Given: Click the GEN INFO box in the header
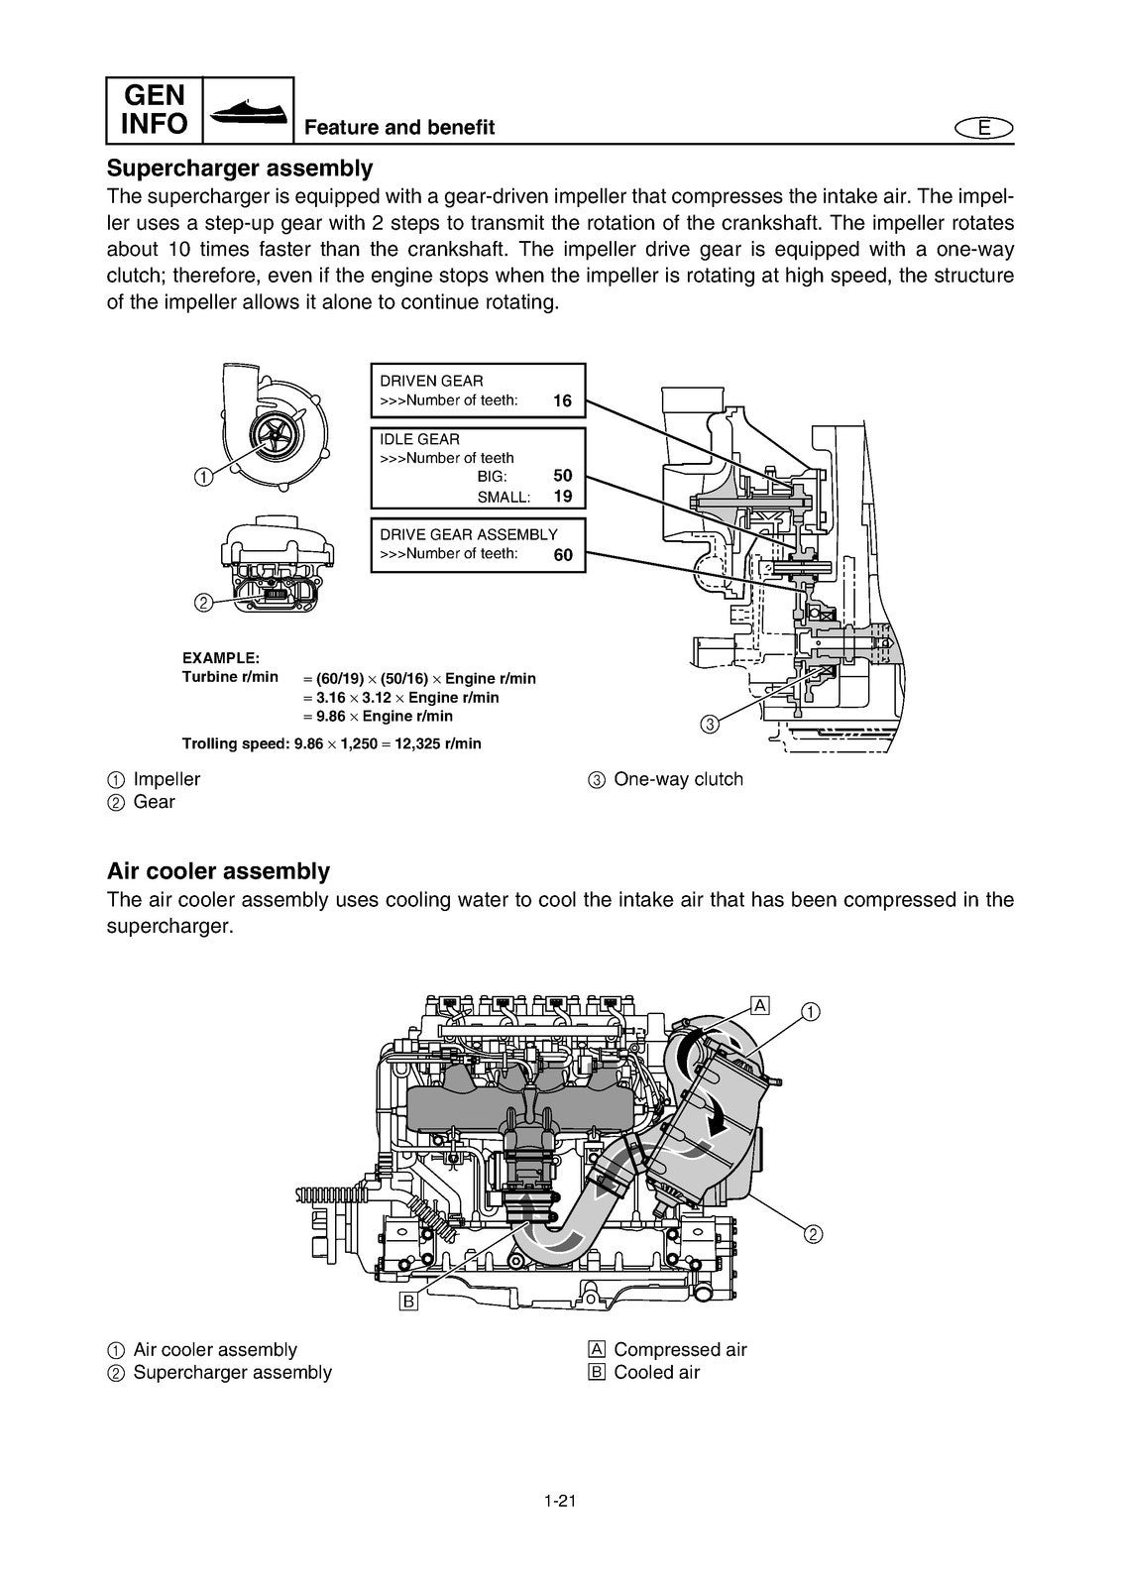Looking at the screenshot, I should pyautogui.click(x=155, y=110).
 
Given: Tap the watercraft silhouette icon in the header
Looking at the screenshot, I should pyautogui.click(x=248, y=110).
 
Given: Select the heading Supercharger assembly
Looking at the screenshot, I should pyautogui.click(x=240, y=168).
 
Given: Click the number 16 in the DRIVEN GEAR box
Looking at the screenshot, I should pyautogui.click(x=562, y=401).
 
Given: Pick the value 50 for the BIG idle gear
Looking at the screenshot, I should pyautogui.click(x=562, y=476).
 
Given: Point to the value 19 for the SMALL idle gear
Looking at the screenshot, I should pyautogui.click(x=562, y=497).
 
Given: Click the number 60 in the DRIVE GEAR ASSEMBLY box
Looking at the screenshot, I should pyautogui.click(x=562, y=555).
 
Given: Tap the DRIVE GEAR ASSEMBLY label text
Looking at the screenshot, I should pyautogui.click(x=469, y=534).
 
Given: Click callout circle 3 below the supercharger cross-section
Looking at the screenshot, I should pyautogui.click(x=709, y=724).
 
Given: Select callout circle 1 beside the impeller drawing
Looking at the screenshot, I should pyautogui.click(x=202, y=477).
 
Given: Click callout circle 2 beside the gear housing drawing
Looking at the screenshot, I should pyautogui.click(x=202, y=602).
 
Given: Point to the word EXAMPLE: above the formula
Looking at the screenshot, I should pyautogui.click(x=221, y=658).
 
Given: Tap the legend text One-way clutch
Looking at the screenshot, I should pyautogui.click(x=678, y=779).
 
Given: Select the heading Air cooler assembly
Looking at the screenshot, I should pyautogui.click(x=218, y=871).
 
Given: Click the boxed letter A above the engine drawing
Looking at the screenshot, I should pyautogui.click(x=760, y=1005).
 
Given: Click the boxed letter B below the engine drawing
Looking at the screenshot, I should pyautogui.click(x=408, y=1301).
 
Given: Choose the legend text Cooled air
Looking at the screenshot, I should pyautogui.click(x=656, y=1373).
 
